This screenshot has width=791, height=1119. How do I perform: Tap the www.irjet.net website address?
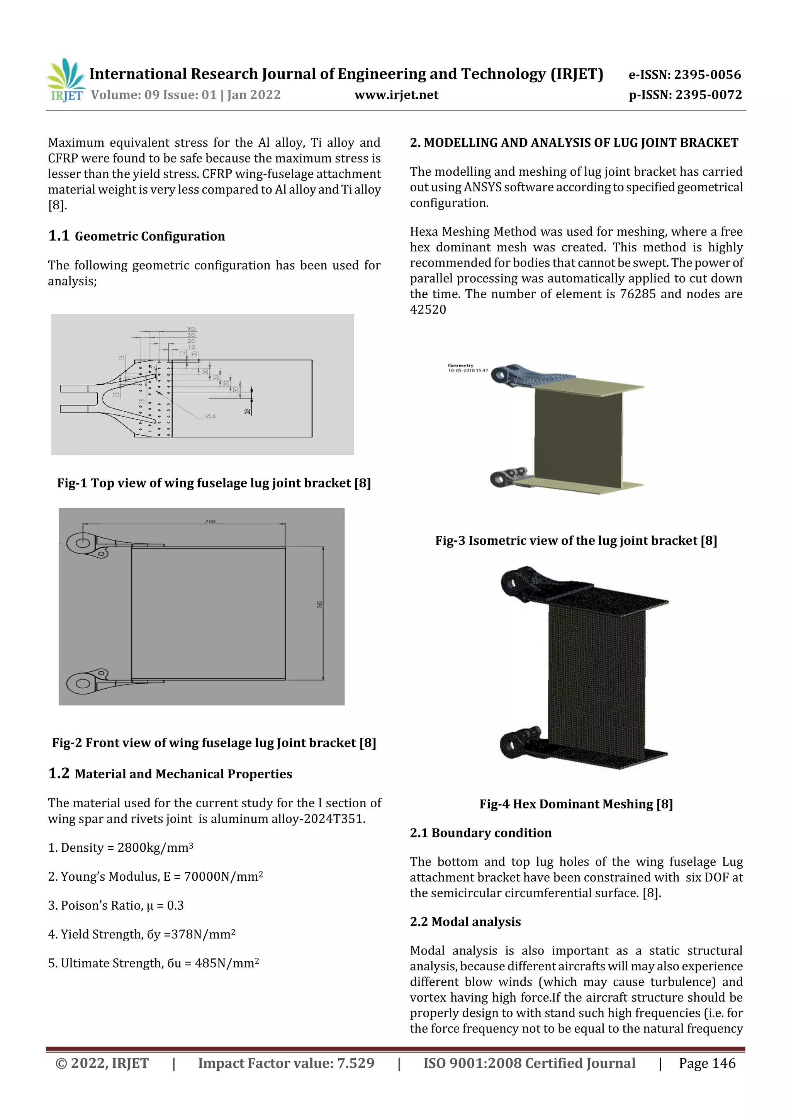tap(396, 95)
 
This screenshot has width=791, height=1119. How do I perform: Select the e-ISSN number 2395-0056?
tap(685, 75)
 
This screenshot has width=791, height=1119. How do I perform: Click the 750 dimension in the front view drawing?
tap(210, 521)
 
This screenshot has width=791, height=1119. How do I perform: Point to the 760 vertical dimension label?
tap(320, 604)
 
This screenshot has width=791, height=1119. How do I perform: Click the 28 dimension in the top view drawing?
tap(248, 411)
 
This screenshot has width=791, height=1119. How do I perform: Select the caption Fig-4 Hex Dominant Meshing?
tap(576, 804)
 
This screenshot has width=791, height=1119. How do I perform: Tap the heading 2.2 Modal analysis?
tap(465, 922)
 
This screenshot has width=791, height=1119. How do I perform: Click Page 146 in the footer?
tap(707, 1063)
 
